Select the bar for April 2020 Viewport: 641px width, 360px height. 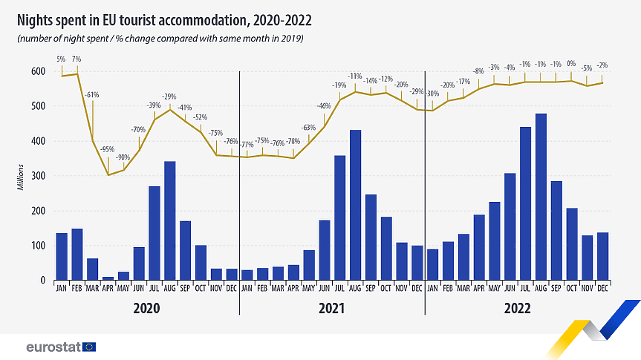tap(108, 278)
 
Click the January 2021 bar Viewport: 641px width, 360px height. tap(247, 275)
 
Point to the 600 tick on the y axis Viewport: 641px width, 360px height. tap(36, 71)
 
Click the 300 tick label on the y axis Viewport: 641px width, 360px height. tap(36, 176)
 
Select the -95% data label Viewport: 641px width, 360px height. tap(108, 150)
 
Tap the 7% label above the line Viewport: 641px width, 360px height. tap(77, 59)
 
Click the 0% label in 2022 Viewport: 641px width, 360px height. tap(571, 64)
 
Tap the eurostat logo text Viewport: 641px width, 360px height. tap(53, 347)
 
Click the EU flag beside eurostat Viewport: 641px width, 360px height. tap(89, 347)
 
